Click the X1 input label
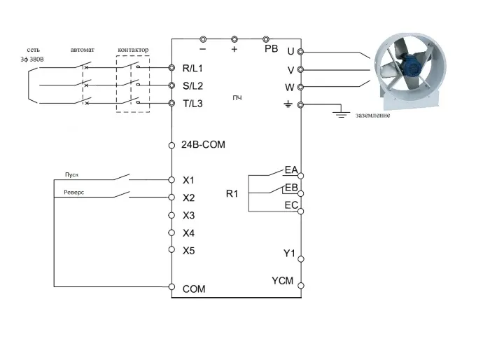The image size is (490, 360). click(188, 180)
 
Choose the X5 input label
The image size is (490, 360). click(188, 250)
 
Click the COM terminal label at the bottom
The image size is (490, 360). click(194, 288)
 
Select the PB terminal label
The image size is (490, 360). click(271, 49)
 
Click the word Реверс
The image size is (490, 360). click(74, 191)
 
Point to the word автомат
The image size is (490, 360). click(82, 50)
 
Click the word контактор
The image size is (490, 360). click(133, 50)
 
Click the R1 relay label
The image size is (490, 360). click(232, 193)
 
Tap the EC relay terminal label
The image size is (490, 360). click(291, 205)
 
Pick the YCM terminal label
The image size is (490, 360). click(283, 281)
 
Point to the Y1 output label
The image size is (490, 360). click(289, 253)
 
